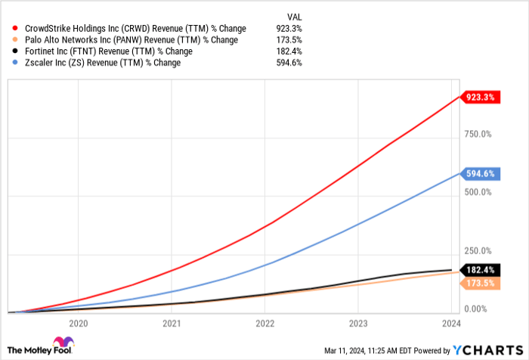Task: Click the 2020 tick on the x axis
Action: coord(79,322)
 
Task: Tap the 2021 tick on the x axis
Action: coord(172,322)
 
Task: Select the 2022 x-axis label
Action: coord(264,322)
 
